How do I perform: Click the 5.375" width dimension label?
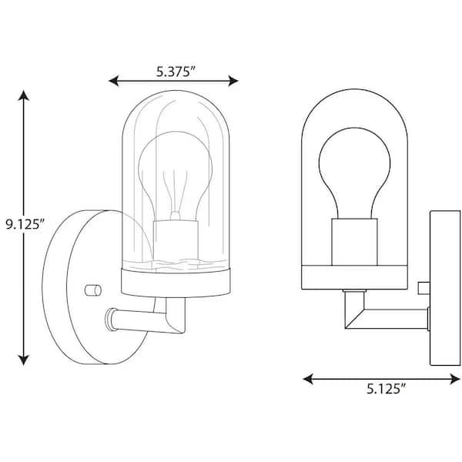point(176,72)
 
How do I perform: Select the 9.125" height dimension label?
point(25,225)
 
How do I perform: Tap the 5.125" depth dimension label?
point(387,389)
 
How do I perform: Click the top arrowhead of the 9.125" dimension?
point(24,95)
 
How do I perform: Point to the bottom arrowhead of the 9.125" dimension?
point(24,360)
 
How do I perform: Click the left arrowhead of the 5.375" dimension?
point(114,81)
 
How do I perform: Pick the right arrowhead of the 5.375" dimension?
point(233,81)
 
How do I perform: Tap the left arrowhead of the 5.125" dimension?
point(308,379)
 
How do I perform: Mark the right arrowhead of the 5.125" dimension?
point(455,379)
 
